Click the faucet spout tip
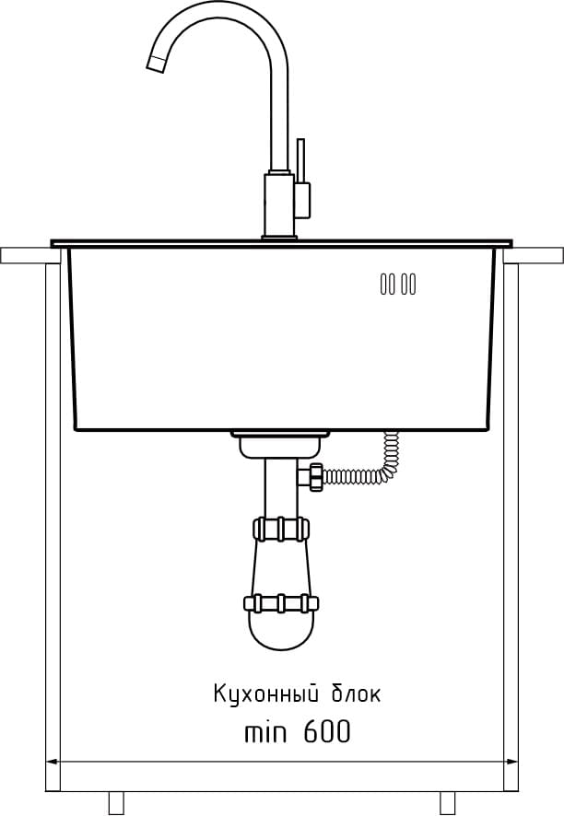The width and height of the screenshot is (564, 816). pos(155,63)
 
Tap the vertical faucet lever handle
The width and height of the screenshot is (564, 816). pos(300,160)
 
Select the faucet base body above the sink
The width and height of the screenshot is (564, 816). pos(279,205)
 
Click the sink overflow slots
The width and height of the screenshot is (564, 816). pos(398,285)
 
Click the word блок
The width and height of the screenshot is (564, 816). pos(356,694)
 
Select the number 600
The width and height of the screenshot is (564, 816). pos(326,732)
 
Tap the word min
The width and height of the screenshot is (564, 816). pos(265,733)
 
